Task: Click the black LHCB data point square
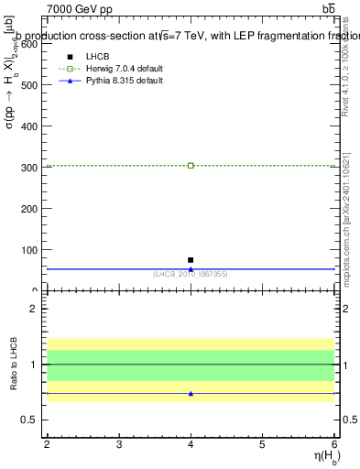[x=191, y=260]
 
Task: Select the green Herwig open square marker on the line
[x=191, y=166]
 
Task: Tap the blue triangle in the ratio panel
[x=191, y=394]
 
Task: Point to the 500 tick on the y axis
[x=29, y=84]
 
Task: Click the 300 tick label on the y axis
[x=29, y=167]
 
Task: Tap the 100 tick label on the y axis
[x=29, y=250]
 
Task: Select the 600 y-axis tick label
[x=29, y=43]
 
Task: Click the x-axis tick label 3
[x=119, y=444]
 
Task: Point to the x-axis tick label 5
[x=262, y=444]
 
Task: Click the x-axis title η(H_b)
[x=318, y=457]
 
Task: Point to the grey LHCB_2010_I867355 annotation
[x=191, y=274]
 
